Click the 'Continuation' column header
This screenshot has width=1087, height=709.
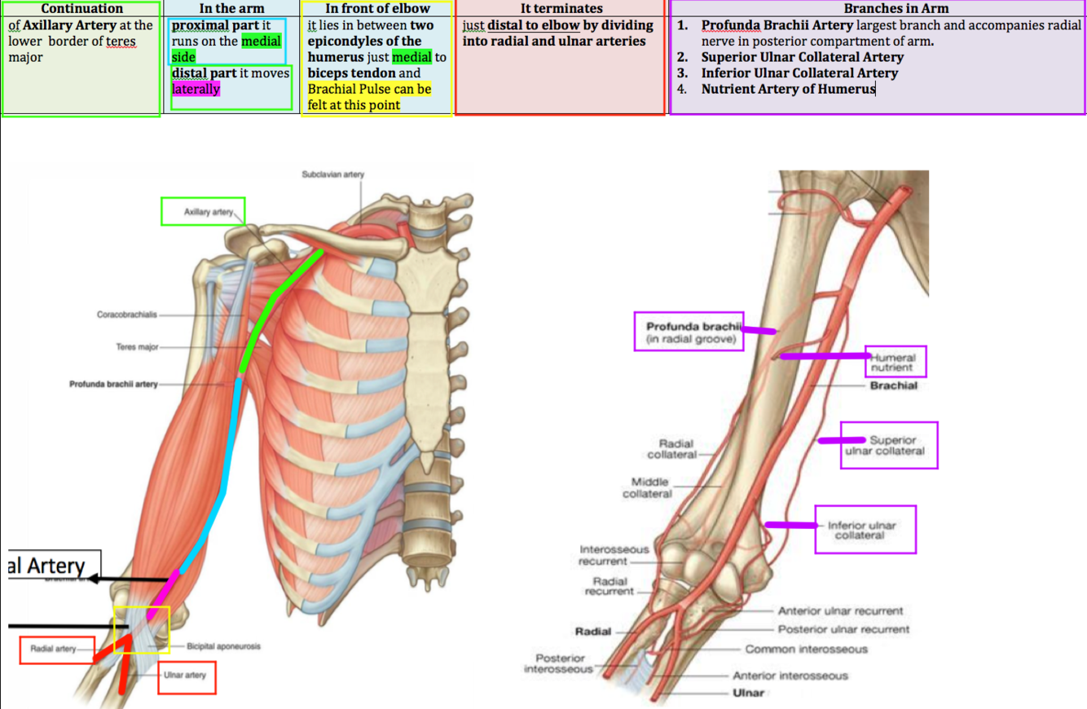(x=81, y=8)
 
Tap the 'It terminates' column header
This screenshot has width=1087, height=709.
(x=561, y=8)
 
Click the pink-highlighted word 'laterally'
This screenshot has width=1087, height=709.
(x=196, y=89)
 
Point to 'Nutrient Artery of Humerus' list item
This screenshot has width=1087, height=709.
(x=788, y=89)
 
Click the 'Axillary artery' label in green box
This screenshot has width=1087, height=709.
(x=209, y=212)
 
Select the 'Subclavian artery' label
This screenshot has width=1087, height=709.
(x=332, y=174)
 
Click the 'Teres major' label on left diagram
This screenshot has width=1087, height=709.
(x=137, y=347)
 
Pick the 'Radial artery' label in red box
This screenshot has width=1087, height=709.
(x=53, y=650)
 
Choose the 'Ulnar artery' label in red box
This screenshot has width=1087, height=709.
(x=186, y=676)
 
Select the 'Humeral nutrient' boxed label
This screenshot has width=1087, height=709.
(x=894, y=362)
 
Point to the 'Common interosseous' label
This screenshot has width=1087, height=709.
(x=806, y=650)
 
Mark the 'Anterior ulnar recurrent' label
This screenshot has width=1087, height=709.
(x=840, y=611)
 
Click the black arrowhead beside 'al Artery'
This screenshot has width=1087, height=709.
(x=95, y=579)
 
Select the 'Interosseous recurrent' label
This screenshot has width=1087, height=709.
(x=614, y=555)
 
